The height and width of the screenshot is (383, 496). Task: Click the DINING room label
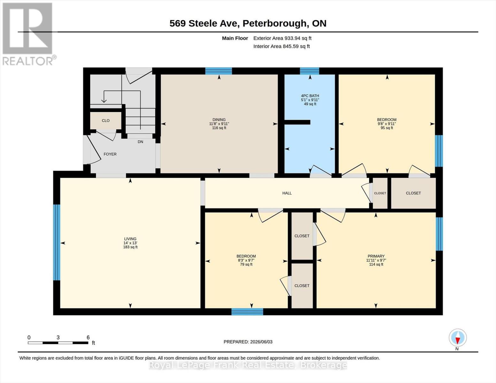pyautogui.click(x=219, y=120)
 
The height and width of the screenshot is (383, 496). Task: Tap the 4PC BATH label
pyautogui.click(x=310, y=96)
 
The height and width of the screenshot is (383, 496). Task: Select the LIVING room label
pyautogui.click(x=130, y=239)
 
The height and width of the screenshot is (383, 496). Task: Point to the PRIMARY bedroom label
pyautogui.click(x=376, y=256)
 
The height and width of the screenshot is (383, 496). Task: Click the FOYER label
pyautogui.click(x=110, y=154)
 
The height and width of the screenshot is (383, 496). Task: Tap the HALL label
pyautogui.click(x=287, y=193)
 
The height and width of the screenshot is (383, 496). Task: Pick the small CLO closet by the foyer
pyautogui.click(x=106, y=120)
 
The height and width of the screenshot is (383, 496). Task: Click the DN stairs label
pyautogui.click(x=141, y=142)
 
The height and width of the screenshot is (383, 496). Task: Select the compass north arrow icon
pyautogui.click(x=458, y=338)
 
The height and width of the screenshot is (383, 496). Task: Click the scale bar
pyautogui.click(x=58, y=343)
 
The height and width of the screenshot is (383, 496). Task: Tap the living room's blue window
pyautogui.click(x=57, y=242)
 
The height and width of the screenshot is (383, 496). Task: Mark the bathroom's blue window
pyautogui.click(x=309, y=71)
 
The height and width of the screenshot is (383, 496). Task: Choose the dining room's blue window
pyautogui.click(x=218, y=71)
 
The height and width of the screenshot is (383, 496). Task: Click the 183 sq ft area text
pyautogui.click(x=130, y=247)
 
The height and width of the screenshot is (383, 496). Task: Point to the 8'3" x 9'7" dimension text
pyautogui.click(x=246, y=260)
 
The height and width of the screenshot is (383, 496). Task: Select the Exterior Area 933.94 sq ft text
pyautogui.click(x=282, y=38)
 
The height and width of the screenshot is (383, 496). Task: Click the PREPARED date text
pyautogui.click(x=248, y=342)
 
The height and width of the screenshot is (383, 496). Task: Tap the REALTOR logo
pyautogui.click(x=28, y=34)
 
